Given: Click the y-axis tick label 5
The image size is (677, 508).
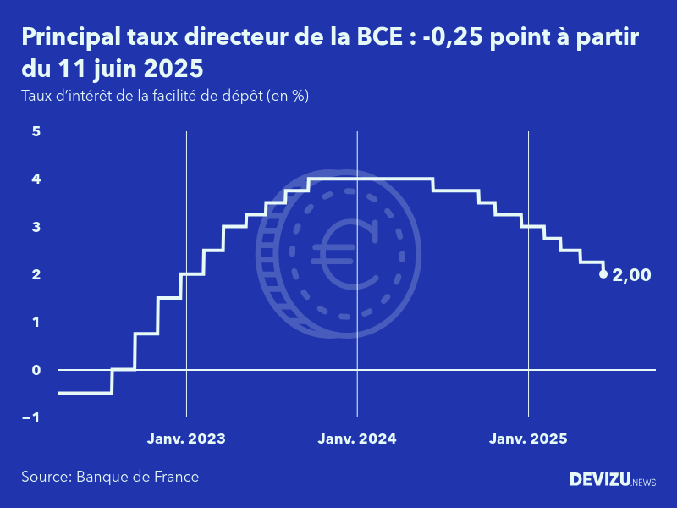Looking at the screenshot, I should click(36, 131).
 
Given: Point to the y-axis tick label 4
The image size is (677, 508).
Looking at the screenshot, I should click(36, 179).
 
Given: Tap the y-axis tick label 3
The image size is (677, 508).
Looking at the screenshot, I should click(36, 227).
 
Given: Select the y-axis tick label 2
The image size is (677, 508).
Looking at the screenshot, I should click(36, 274).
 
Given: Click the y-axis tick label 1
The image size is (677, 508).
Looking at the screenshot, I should click(36, 322).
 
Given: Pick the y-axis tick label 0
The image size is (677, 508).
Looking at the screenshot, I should click(36, 370).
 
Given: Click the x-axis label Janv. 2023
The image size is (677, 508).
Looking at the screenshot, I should click(186, 439).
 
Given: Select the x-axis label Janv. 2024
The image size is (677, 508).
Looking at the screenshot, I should click(357, 439).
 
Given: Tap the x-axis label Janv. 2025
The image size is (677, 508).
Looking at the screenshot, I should click(529, 439).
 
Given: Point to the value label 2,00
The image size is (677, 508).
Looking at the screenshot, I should click(631, 274).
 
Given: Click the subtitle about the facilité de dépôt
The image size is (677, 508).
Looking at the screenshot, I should click(165, 96).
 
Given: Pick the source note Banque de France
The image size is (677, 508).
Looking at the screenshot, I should click(110, 477).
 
